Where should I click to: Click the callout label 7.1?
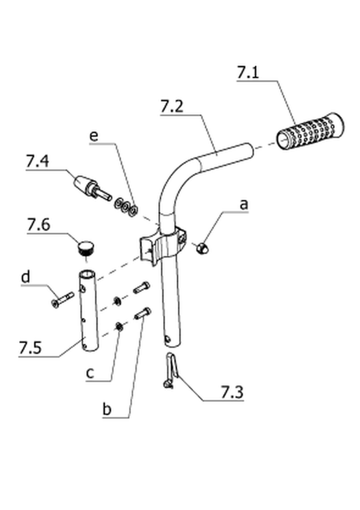tap(248, 72)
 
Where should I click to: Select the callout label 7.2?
tap(171, 107)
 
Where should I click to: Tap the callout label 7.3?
tap(232, 392)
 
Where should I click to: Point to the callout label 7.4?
tap(37, 161)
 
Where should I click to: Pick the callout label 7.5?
tap(31, 348)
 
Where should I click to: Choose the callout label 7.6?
tap(38, 224)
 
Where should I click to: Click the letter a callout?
tap(243, 205)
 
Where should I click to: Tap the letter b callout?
tap(107, 409)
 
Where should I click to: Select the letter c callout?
tap(90, 373)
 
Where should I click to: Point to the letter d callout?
tap(26, 278)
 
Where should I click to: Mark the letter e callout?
tap(93, 136)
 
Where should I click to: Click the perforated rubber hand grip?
tap(310, 131)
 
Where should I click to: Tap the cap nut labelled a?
tap(203, 249)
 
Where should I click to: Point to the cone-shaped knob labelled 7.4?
tap(92, 188)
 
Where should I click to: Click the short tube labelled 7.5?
tap(88, 311)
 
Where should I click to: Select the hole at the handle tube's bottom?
tap(167, 339)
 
